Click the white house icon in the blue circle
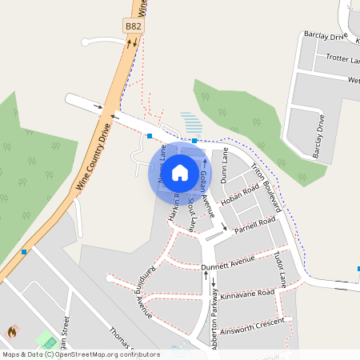180,172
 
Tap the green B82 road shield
134,26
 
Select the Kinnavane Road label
247,294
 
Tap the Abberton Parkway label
214,326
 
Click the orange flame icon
12,331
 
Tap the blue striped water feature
190,123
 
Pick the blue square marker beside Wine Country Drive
24,252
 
